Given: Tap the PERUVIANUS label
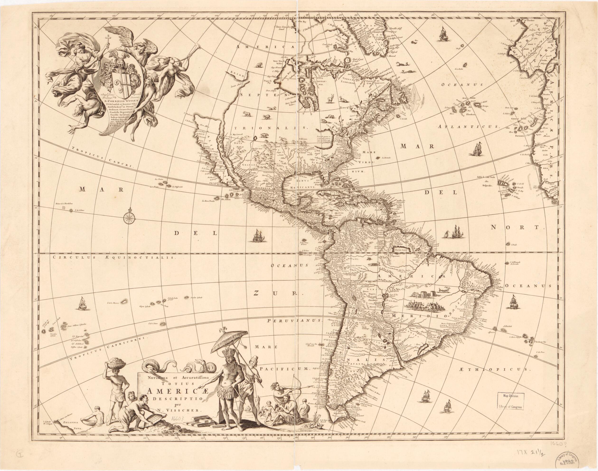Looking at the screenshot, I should [x=294, y=321].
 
